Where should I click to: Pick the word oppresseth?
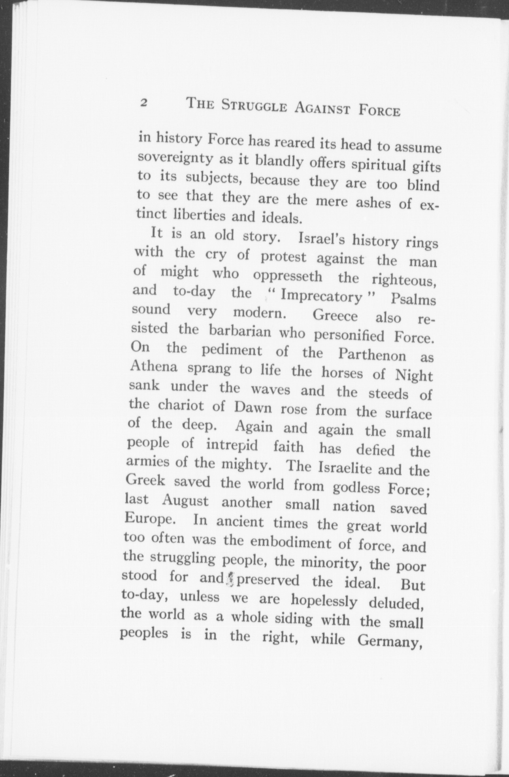[x=287, y=276]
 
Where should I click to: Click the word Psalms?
[x=413, y=300]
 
